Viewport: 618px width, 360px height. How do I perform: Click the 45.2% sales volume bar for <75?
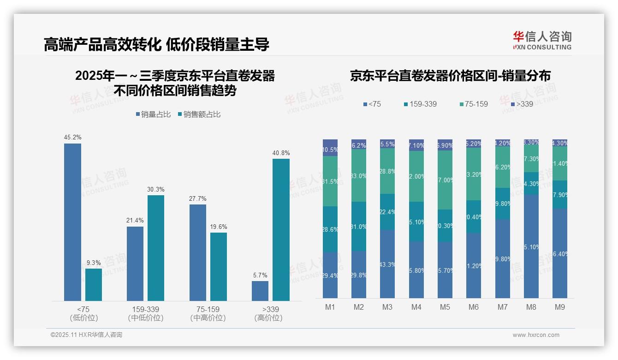(x=72, y=222)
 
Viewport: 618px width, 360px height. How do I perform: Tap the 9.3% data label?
(x=94, y=263)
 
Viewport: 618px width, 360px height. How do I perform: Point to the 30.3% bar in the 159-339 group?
(x=156, y=248)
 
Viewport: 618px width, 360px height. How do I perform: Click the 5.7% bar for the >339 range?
(x=260, y=291)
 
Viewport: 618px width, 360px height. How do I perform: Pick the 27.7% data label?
(x=197, y=198)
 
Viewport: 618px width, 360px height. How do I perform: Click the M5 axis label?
(x=445, y=307)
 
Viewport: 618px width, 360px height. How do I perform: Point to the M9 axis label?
(x=559, y=307)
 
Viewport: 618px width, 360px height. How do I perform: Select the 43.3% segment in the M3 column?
(x=387, y=264)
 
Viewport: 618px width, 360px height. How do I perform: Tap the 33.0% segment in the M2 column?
(x=359, y=176)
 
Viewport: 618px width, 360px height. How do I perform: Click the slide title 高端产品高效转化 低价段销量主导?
(x=156, y=44)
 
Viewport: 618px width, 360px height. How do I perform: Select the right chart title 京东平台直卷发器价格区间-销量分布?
(x=450, y=76)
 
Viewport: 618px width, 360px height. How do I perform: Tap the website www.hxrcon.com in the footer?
(x=536, y=335)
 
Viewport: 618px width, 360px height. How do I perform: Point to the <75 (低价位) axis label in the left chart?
(x=83, y=313)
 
